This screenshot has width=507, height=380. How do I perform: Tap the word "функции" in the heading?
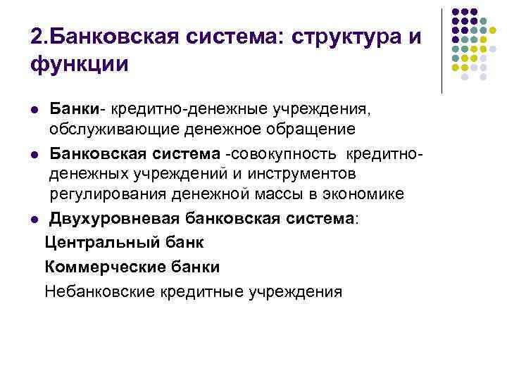click(80, 65)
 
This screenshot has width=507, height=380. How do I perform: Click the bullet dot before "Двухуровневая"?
click(35, 218)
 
